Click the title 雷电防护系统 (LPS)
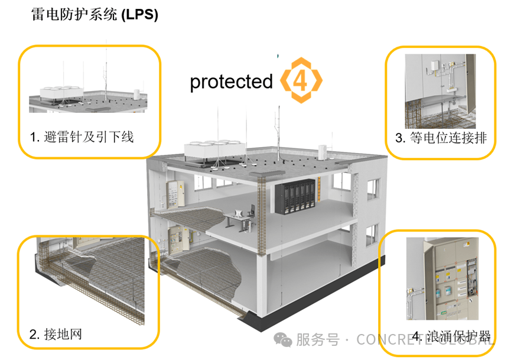pyautogui.click(x=95, y=15)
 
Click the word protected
pyautogui.click(x=231, y=82)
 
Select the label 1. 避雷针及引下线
pyautogui.click(x=82, y=138)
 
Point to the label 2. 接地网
pyautogui.click(x=56, y=335)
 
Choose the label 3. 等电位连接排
pyautogui.click(x=441, y=138)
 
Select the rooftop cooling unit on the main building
pyautogui.click(x=208, y=151)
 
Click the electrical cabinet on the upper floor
pyautogui.click(x=174, y=193)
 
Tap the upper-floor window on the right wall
pyautogui.click(x=372, y=187)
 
